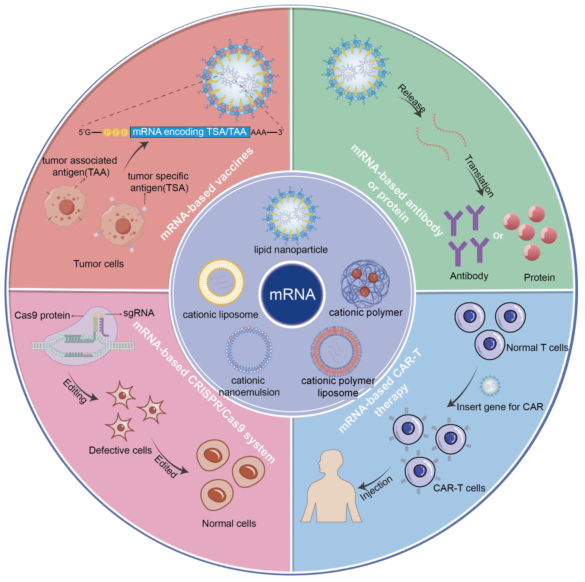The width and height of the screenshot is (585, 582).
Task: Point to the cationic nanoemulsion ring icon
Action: [249, 350]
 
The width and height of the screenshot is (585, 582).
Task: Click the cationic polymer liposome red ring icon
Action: [336, 351]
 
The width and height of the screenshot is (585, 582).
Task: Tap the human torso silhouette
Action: [331, 487]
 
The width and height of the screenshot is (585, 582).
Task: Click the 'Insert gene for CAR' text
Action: [500, 407]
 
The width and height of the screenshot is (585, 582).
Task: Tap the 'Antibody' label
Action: [469, 276]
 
